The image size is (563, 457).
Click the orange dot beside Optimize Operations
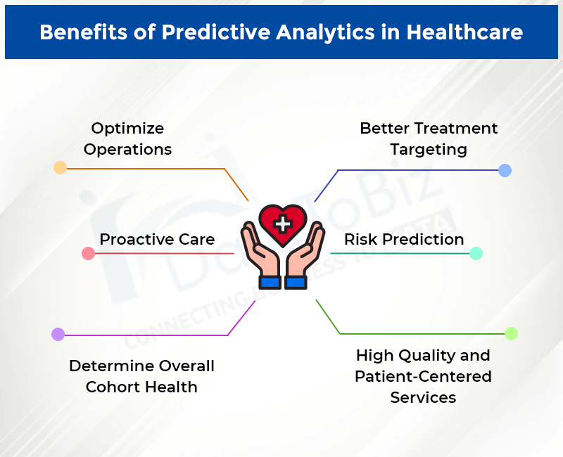coord(61,167)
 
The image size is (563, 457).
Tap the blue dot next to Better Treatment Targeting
coord(505,170)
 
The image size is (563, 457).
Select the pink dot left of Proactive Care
coord(88,253)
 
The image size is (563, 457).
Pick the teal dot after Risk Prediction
coord(476,253)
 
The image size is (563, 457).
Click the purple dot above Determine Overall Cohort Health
coord(58,335)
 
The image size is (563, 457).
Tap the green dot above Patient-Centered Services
coord(511,333)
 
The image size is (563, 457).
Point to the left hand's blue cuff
coord(270,282)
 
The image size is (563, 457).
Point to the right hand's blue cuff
coord(296,282)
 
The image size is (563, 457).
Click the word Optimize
coord(127,129)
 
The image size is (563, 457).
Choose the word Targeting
coord(429,149)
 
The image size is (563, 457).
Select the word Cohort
coord(116,387)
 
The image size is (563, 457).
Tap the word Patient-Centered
coord(423,376)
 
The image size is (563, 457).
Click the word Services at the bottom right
coord(423,397)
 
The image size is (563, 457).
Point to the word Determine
coord(110,366)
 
